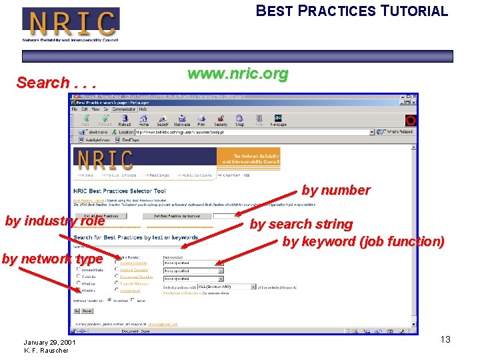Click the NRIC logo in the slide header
(71, 24)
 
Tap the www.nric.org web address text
(238, 73)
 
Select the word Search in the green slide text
(43, 83)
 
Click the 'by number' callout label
(335, 190)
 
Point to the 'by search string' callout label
(301, 224)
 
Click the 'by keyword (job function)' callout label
(363, 241)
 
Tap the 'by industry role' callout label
(55, 221)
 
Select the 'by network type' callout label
(52, 259)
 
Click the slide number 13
(445, 340)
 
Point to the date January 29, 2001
(49, 342)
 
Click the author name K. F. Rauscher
(46, 351)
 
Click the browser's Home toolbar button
(143, 121)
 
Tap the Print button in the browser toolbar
(201, 121)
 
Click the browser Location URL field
(247, 132)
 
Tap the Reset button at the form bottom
(87, 311)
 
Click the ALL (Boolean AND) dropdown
(226, 287)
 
